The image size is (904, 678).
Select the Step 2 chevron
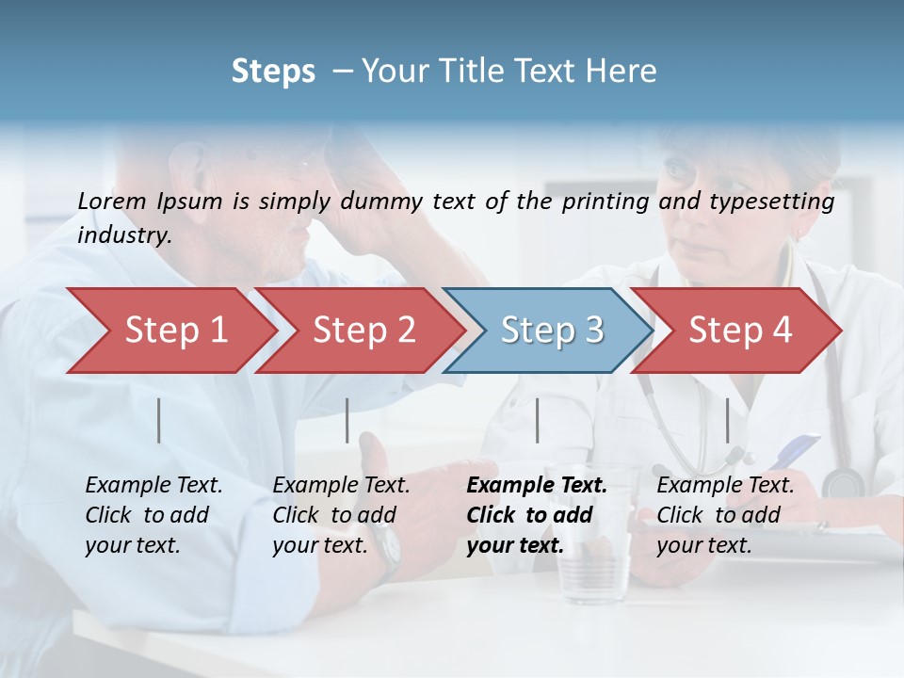point(363,331)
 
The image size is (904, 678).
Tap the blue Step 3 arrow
point(552,331)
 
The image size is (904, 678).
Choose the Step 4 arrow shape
point(740,331)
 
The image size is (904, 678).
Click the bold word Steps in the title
point(273,71)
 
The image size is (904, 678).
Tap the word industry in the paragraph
point(123,234)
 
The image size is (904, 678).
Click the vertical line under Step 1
point(159,420)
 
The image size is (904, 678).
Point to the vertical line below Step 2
point(347,420)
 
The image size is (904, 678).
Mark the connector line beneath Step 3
point(538,420)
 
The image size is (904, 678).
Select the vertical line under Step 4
point(727,420)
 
